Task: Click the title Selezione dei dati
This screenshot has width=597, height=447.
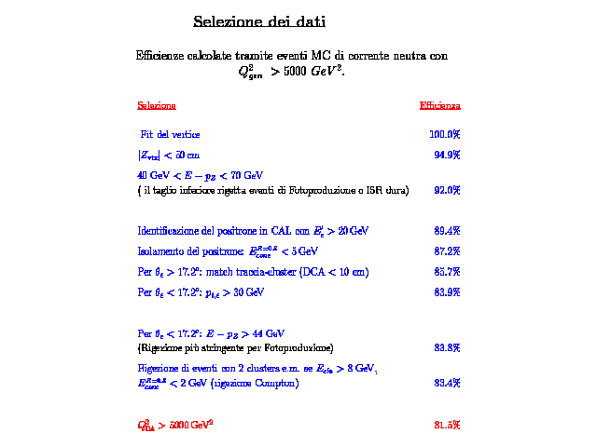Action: [x=259, y=21]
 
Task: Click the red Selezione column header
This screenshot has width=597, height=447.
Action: [x=157, y=105]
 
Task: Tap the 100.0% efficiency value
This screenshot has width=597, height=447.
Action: [x=445, y=136]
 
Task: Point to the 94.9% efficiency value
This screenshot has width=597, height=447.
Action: [x=447, y=156]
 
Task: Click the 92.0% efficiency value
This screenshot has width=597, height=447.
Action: [x=447, y=191]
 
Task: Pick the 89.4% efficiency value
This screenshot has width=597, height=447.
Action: [x=447, y=231]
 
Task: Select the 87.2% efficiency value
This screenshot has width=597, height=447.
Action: [x=447, y=251]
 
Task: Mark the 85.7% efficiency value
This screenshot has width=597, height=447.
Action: [x=447, y=272]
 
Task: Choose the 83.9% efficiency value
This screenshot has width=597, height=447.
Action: [x=447, y=292]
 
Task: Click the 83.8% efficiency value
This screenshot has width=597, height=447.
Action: [x=447, y=348]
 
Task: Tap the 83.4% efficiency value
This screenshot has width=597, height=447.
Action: [x=447, y=383]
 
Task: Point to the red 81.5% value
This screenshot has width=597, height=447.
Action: [x=447, y=426]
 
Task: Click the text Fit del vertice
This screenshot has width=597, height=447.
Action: [x=170, y=136]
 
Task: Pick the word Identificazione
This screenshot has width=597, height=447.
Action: [x=169, y=231]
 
